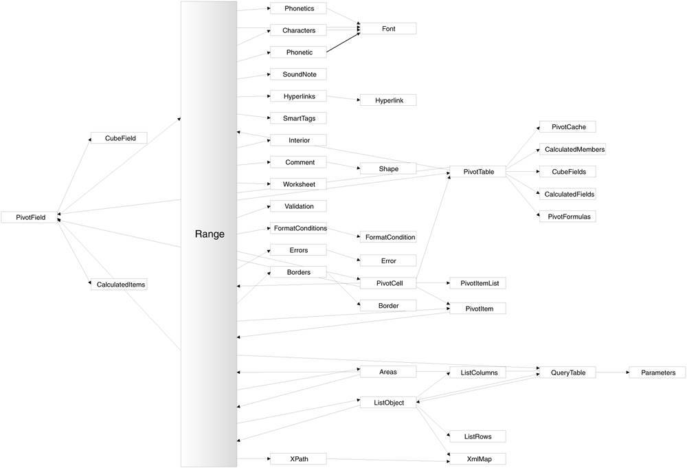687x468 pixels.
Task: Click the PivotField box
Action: click(29, 217)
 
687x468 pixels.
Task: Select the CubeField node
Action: click(120, 138)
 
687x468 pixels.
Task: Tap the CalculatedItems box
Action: click(120, 284)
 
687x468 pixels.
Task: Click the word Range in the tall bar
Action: click(210, 234)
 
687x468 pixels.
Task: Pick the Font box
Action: click(388, 28)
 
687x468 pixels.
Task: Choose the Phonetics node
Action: click(297, 8)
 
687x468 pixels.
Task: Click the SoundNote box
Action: click(297, 74)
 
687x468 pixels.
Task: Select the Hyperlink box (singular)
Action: click(388, 100)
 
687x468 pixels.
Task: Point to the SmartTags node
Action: click(297, 118)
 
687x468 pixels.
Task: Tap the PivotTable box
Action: click(477, 172)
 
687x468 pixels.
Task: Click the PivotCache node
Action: click(567, 127)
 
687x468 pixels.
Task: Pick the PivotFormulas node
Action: click(567, 216)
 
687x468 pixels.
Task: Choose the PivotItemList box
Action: click(477, 283)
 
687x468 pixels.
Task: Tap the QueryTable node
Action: click(567, 372)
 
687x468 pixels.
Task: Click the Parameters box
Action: click(657, 372)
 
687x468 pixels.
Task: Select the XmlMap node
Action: click(477, 458)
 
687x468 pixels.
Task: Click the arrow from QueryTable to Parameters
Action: click(611, 372)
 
